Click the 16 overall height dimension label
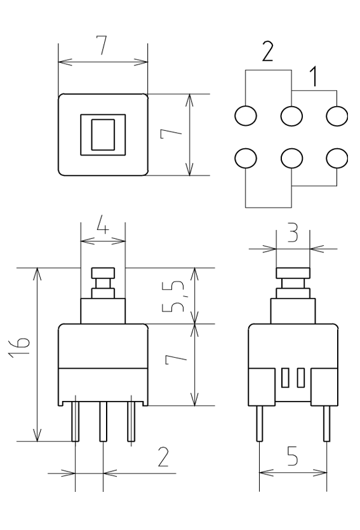pos(20,347)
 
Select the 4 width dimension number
pos(103,226)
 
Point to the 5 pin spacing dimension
pos(293,456)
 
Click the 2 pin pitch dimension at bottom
pos(163,457)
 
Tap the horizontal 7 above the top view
pos(102,44)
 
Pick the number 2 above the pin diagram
pos(267,51)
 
